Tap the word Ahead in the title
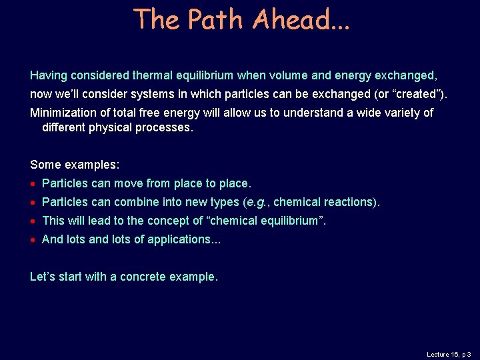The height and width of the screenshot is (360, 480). coord(291,19)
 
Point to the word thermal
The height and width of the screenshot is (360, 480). coord(141,75)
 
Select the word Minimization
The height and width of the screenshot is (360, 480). coord(61,113)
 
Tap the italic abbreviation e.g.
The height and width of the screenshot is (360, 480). coord(256,202)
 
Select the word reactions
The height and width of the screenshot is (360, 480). coord(347,202)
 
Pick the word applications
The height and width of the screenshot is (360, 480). coord(181,239)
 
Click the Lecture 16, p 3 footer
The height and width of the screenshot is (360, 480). coord(449,354)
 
